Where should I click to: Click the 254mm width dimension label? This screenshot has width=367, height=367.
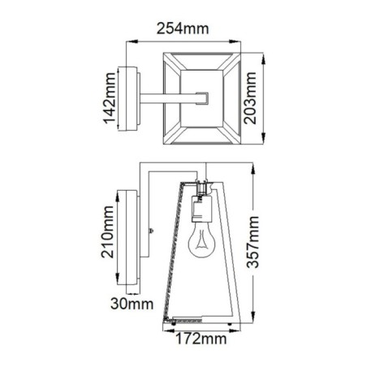point(181,28)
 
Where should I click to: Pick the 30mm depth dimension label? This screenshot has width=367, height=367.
point(129,304)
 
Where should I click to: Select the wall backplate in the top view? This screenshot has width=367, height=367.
point(129,98)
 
